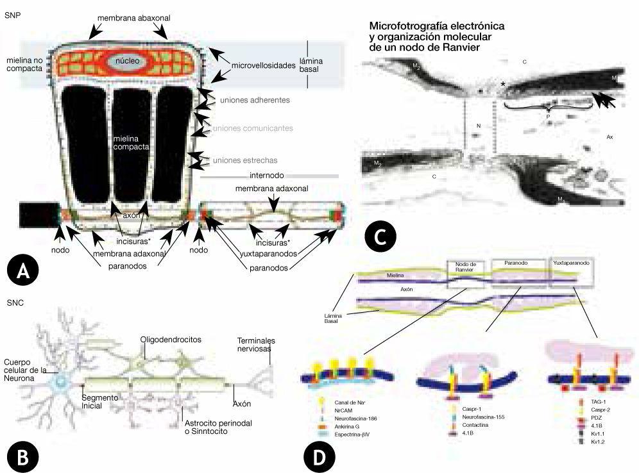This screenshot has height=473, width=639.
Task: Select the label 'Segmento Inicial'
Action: (101, 402)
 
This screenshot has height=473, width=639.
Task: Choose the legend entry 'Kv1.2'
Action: (583, 442)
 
